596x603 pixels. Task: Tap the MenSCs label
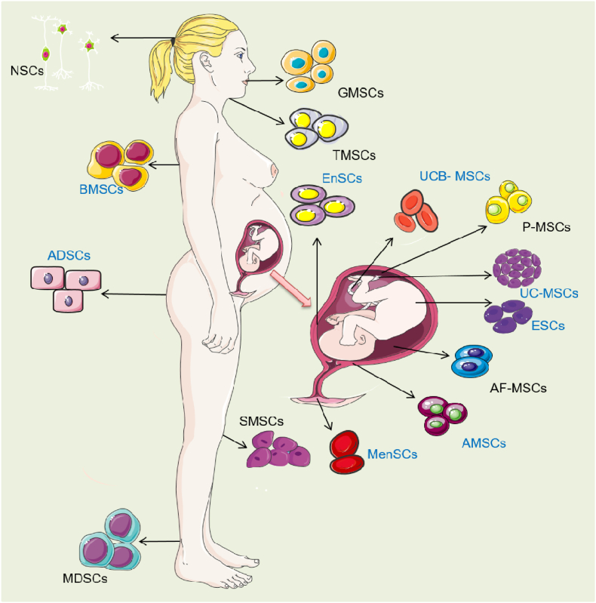pyautogui.click(x=392, y=454)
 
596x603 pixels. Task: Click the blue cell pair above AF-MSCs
pyautogui.click(x=472, y=360)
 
